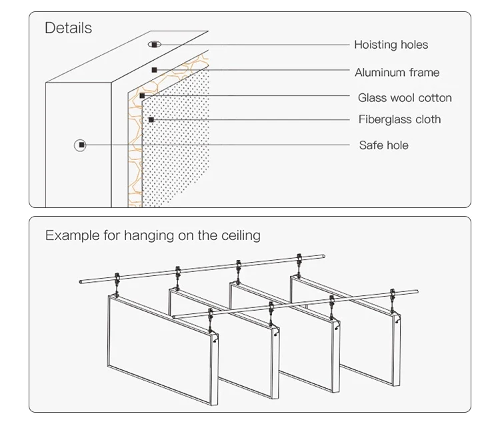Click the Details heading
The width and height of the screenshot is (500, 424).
click(x=68, y=28)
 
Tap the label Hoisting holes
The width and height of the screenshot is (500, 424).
click(x=391, y=45)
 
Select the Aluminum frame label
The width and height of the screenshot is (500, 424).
click(x=397, y=73)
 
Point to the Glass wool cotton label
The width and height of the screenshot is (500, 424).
click(x=405, y=97)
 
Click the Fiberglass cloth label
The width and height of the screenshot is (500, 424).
click(x=399, y=119)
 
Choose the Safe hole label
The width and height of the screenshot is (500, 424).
click(x=383, y=145)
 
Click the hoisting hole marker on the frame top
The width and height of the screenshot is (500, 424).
click(x=155, y=44)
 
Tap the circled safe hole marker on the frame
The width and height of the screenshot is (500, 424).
click(x=81, y=145)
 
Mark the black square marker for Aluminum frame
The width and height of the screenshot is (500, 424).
click(x=155, y=70)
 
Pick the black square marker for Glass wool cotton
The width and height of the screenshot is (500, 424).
click(x=142, y=95)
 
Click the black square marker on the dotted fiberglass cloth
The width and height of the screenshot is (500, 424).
click(x=151, y=120)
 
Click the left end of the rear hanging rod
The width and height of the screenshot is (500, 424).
click(x=81, y=282)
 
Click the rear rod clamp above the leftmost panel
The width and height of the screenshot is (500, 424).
click(x=117, y=278)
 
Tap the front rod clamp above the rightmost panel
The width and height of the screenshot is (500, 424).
click(x=393, y=295)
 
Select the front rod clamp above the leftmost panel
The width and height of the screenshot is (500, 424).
click(x=211, y=315)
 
